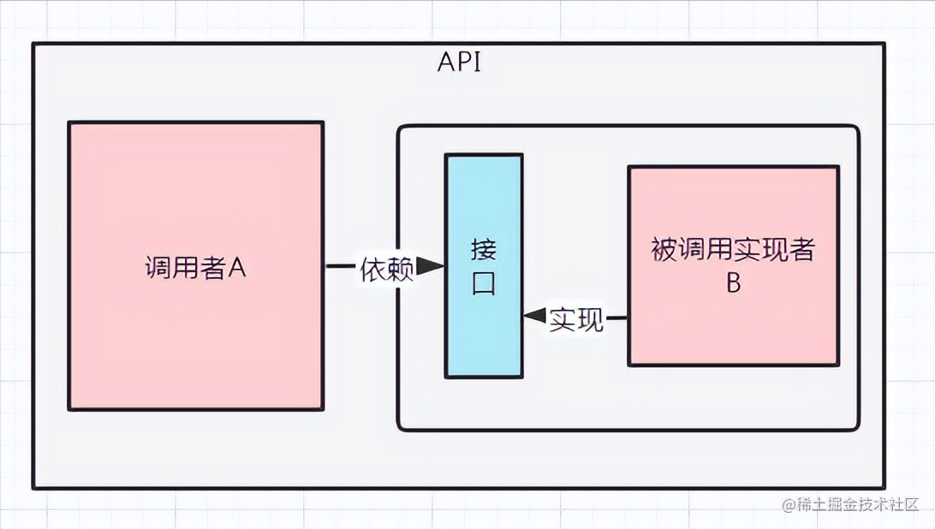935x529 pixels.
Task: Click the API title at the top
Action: point(459,63)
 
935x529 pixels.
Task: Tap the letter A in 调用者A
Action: point(237,268)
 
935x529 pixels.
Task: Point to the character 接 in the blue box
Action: point(484,249)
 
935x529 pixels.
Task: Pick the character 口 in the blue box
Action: point(484,283)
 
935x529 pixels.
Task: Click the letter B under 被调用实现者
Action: point(733,283)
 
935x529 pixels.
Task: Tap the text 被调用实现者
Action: point(733,250)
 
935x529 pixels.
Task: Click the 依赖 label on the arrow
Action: point(386,268)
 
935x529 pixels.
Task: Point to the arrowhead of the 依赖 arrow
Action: point(431,268)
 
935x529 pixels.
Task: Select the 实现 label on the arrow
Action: point(576,318)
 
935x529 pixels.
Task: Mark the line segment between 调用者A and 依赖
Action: point(341,267)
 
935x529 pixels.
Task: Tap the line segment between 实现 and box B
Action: point(617,318)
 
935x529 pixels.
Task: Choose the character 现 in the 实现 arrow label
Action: point(590,318)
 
